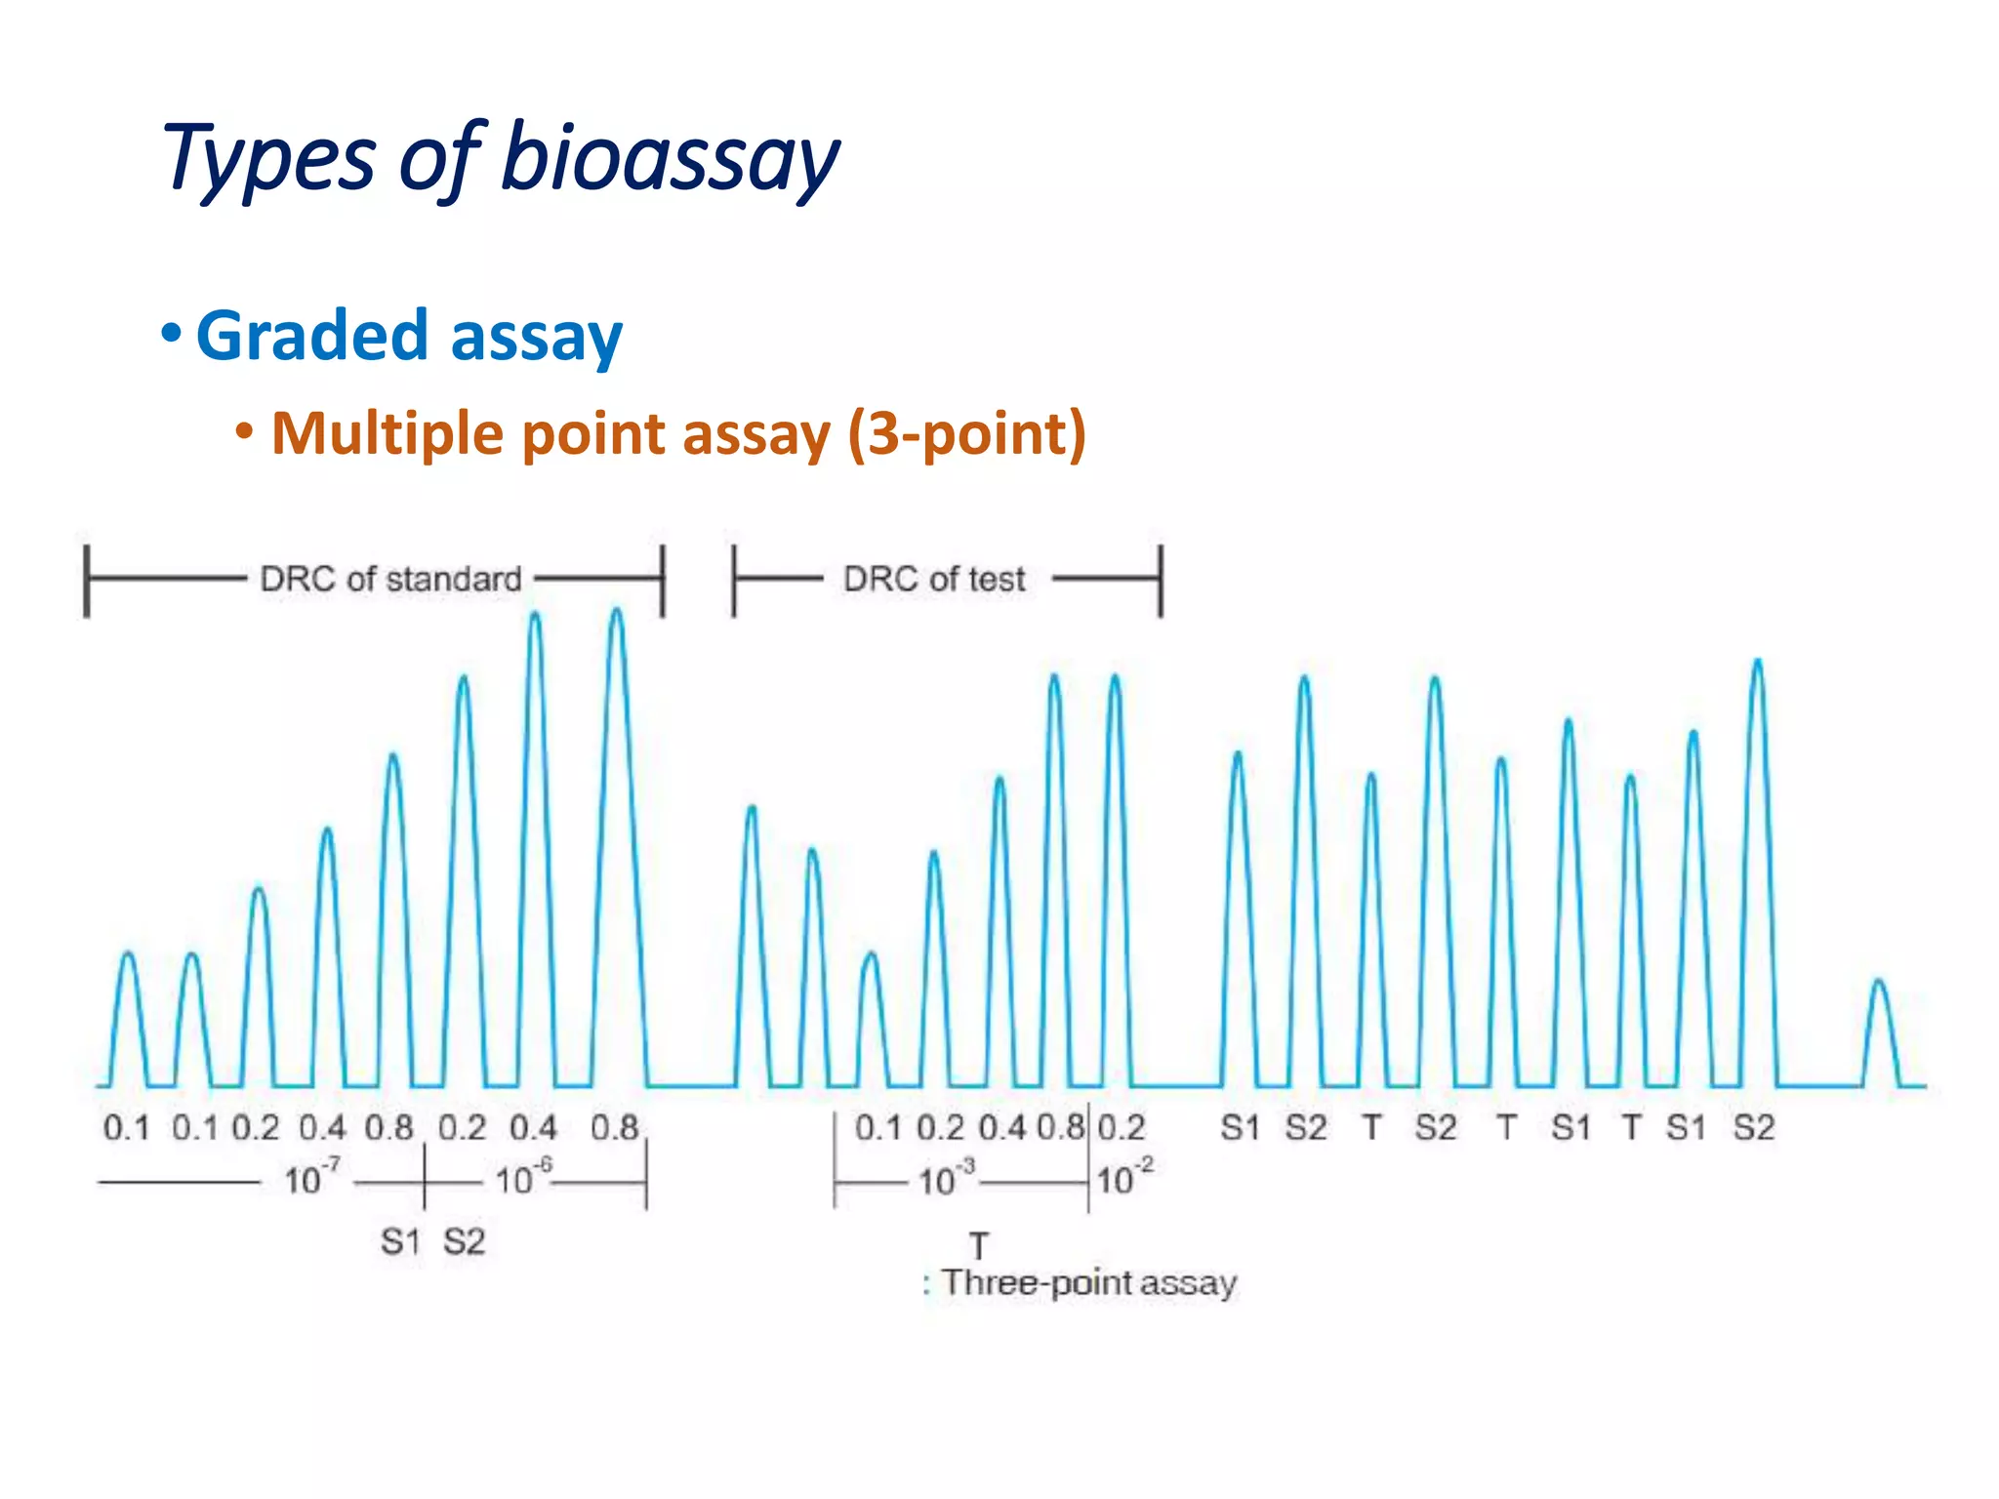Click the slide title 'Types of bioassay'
[x=501, y=159]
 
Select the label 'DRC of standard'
[x=390, y=579]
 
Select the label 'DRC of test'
[x=934, y=579]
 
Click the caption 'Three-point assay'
[x=1088, y=1282]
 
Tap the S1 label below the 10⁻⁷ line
[x=400, y=1242]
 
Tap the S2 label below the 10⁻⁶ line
[x=464, y=1242]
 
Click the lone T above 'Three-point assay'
[x=979, y=1245]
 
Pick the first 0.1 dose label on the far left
[x=127, y=1128]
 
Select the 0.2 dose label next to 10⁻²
[x=1122, y=1128]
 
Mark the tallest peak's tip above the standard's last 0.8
[x=617, y=611]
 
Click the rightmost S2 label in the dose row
[x=1753, y=1128]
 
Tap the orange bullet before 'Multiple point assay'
[x=245, y=430]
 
